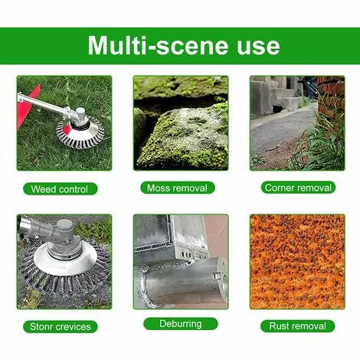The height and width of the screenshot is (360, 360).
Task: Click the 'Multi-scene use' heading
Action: (x=184, y=46)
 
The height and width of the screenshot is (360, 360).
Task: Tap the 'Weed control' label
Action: (x=61, y=189)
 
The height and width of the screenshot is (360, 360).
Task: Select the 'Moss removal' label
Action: (x=178, y=188)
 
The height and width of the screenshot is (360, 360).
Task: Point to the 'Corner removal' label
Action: (x=298, y=188)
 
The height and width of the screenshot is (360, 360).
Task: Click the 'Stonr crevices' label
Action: (x=61, y=326)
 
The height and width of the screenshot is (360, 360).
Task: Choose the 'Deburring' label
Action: (x=181, y=324)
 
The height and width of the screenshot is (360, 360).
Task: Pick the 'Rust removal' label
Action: (x=297, y=326)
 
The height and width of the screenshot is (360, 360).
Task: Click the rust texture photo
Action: (x=297, y=262)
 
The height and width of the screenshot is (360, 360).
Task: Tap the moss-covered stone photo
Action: (x=181, y=123)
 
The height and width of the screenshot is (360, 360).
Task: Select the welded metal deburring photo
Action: (x=181, y=262)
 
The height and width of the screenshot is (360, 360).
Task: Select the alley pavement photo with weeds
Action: (x=297, y=123)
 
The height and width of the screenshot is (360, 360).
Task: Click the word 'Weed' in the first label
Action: (x=43, y=189)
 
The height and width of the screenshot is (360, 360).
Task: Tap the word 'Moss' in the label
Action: (x=158, y=188)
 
